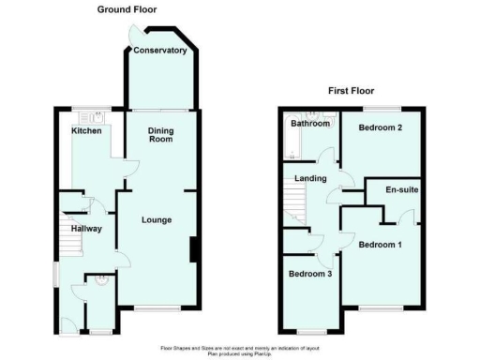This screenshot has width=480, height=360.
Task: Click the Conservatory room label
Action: click(x=159, y=51)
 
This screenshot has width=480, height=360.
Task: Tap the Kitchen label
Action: click(x=87, y=131)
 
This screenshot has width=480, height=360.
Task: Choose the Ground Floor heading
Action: click(x=127, y=9)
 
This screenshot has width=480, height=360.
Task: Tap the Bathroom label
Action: click(x=309, y=124)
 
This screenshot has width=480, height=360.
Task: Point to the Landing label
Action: click(x=310, y=178)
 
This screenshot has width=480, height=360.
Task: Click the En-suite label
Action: click(x=402, y=190)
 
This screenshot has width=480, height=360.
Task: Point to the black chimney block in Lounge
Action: click(x=194, y=250)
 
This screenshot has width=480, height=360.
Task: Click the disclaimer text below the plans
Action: click(x=240, y=349)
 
